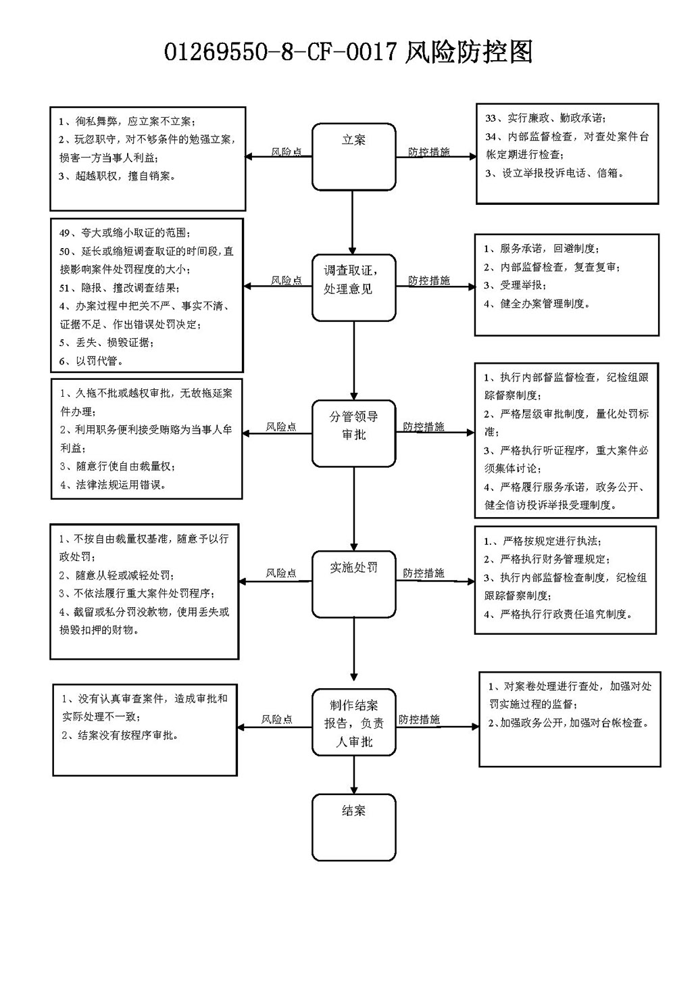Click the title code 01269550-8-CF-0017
click(280, 52)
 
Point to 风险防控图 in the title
click(468, 51)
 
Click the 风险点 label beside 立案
click(286, 151)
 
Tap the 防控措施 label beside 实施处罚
click(423, 573)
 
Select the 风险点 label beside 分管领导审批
click(281, 427)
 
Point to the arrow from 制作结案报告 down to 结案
click(353, 775)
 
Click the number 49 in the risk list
click(65, 233)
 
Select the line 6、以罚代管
click(91, 361)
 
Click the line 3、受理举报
click(516, 285)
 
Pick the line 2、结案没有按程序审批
click(120, 735)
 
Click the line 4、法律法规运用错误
click(114, 485)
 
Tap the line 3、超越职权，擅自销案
click(117, 176)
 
